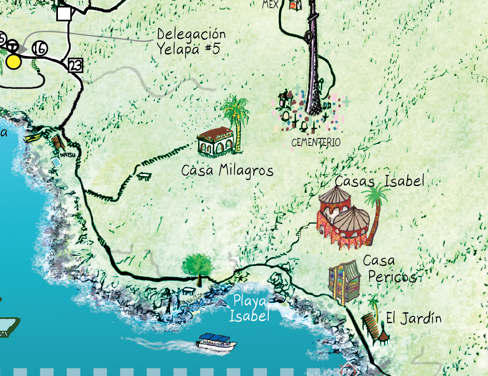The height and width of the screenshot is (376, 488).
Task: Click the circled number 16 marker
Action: (x=39, y=49)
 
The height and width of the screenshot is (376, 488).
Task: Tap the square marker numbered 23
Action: (x=75, y=65)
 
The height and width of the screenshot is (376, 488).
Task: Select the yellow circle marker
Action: (x=14, y=62)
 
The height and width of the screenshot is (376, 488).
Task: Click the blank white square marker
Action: (x=64, y=13)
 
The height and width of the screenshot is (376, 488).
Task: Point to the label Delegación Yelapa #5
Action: (x=191, y=42)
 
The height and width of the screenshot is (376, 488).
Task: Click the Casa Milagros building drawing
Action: (x=215, y=142)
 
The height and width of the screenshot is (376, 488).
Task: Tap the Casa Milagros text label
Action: (x=227, y=171)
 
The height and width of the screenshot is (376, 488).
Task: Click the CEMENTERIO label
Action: (x=316, y=142)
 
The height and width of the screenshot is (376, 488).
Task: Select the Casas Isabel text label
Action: (x=379, y=181)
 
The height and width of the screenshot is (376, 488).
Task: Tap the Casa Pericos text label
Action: (x=390, y=269)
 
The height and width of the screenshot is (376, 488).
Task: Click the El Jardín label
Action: (x=413, y=319)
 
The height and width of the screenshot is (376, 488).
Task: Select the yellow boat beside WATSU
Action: (x=33, y=138)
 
